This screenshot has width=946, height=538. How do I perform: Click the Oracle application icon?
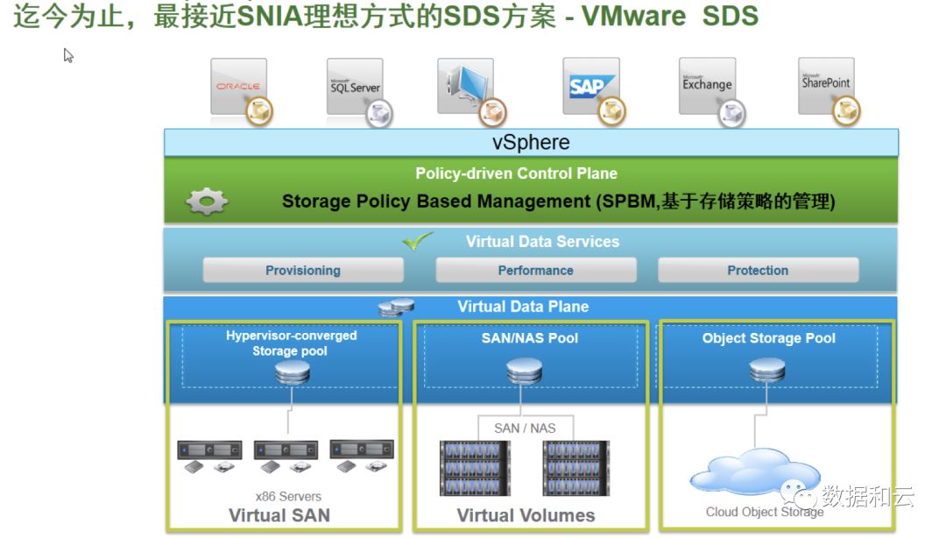238,87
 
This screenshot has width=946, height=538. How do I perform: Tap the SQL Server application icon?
355,87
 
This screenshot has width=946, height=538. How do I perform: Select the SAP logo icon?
591,87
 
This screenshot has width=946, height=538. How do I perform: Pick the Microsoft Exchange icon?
707,86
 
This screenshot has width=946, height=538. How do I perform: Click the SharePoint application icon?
826,85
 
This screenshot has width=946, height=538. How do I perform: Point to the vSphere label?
531,143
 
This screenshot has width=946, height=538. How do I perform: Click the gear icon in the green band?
207,202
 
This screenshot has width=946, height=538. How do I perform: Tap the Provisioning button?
303,271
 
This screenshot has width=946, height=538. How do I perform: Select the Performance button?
535,271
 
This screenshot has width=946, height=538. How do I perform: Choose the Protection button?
758,271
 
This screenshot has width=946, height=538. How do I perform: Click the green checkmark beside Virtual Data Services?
418,241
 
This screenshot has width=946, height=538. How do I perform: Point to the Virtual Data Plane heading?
523,307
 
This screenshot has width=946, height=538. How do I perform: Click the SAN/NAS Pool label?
530,338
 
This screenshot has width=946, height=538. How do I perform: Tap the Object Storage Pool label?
769,338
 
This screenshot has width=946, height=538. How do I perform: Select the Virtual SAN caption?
279,515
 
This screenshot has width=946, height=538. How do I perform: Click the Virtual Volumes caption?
526,515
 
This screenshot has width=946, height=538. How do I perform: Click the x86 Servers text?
288,496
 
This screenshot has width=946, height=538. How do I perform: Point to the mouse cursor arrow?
68,55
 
